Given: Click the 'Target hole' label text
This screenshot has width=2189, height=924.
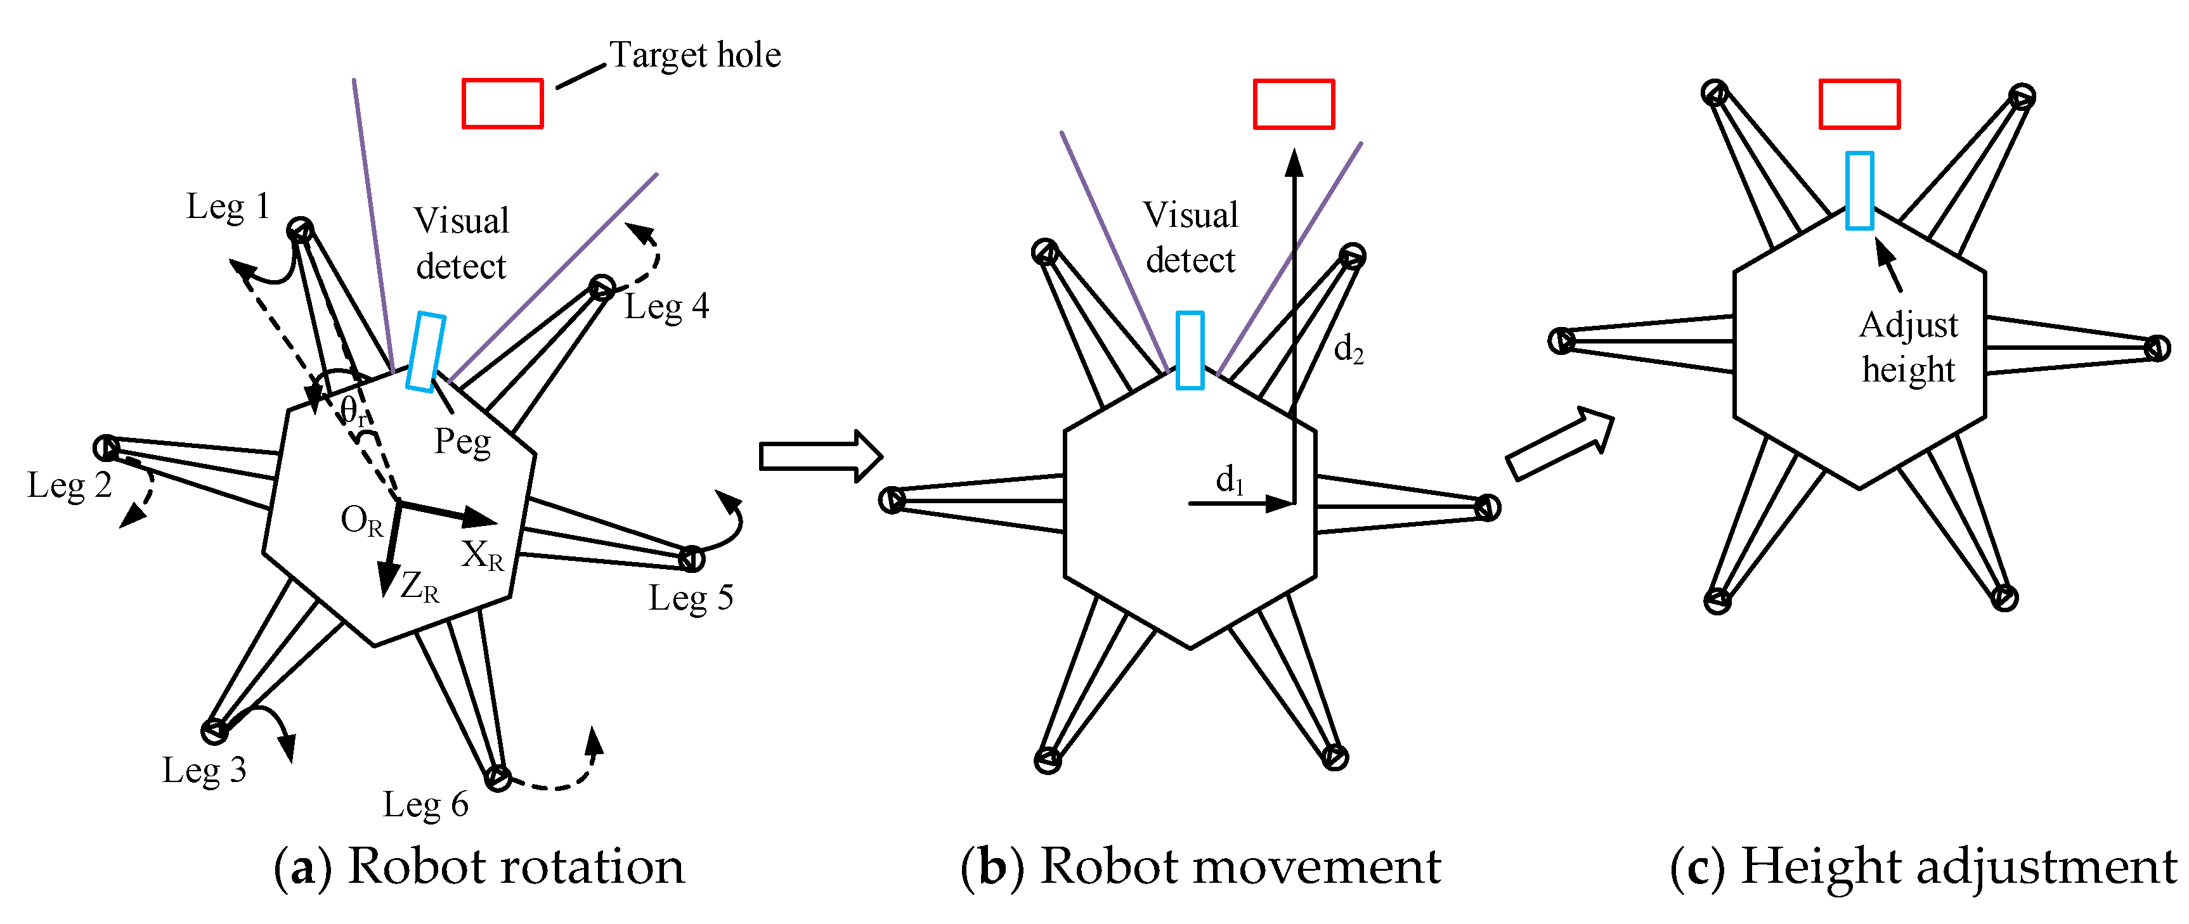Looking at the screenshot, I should [694, 55].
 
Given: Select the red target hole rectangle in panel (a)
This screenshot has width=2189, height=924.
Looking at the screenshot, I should [502, 103].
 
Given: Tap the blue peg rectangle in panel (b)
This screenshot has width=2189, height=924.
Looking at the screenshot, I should [1190, 350].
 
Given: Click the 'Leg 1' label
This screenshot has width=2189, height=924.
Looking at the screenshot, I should [228, 207].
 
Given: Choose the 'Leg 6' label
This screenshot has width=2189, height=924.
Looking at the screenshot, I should [425, 804].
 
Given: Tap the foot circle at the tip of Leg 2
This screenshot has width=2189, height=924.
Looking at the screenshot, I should [107, 447].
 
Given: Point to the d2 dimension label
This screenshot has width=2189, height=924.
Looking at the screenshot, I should [1349, 348].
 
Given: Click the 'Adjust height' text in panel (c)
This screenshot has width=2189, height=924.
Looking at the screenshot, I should [1909, 347].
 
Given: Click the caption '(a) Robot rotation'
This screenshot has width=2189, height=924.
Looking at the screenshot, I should [478, 866].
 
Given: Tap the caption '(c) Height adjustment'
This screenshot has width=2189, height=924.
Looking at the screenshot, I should [1922, 866].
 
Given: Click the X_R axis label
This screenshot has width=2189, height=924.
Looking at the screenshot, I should [482, 555].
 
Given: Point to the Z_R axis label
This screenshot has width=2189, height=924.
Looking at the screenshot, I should [420, 586].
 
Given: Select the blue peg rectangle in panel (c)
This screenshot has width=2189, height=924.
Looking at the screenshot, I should [1859, 190].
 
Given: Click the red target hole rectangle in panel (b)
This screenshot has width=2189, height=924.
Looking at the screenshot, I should [1294, 103].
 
